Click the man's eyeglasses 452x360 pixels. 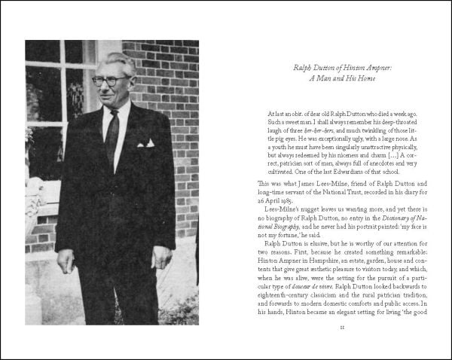111,80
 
